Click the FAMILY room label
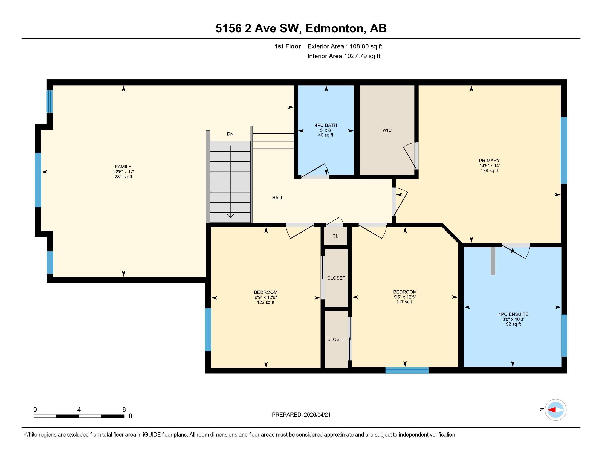coord(123,167)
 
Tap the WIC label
coord(387,130)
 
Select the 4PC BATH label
coord(326,125)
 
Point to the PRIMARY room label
coord(489,161)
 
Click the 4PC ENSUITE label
coord(513,314)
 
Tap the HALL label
coord(277,198)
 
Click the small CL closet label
coord(335,236)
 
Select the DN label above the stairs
coord(230,134)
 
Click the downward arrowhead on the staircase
coord(230,216)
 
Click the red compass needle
coord(552,410)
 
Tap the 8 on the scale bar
coord(124,410)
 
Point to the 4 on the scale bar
coord(79,410)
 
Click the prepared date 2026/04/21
coord(317,415)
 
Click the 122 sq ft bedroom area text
coord(265,303)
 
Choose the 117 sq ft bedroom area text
coord(405,302)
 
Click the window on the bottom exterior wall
coord(407,370)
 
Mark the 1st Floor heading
coord(287,47)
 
